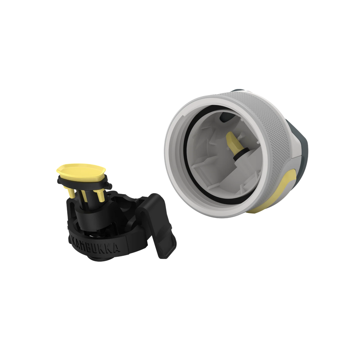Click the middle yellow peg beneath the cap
click(x=84, y=196)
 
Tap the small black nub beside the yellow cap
click(x=109, y=185)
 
